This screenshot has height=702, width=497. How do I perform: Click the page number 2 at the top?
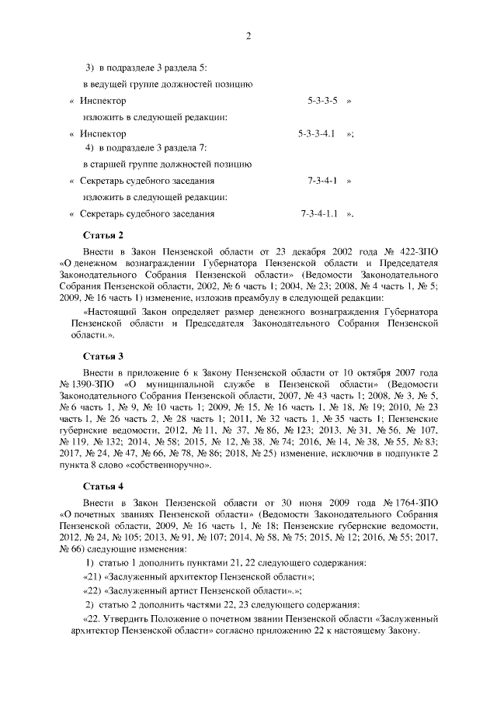point(248,36)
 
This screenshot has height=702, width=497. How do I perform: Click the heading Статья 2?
point(103,234)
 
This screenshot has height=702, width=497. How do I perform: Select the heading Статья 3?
point(103,356)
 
